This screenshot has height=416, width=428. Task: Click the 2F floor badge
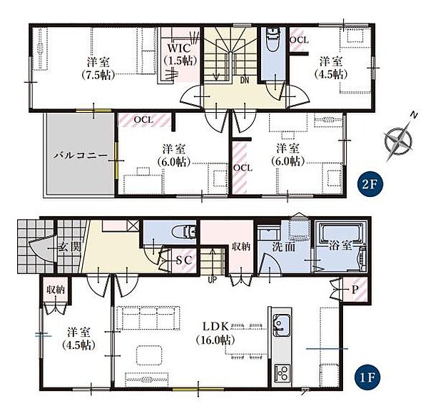coord(371,185)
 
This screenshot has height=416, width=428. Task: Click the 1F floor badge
coord(366,377)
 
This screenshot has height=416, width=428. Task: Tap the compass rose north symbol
coord(399,139)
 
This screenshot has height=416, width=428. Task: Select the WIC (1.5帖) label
coord(180,54)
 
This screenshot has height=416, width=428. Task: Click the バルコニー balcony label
coord(80,156)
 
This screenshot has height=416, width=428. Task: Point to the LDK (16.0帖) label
coord(215,333)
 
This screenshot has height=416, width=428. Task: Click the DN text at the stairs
coord(245,80)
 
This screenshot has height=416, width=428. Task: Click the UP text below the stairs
coord(212,280)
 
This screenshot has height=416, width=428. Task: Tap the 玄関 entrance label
coord(70,248)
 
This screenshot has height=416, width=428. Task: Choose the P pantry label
coord(355,290)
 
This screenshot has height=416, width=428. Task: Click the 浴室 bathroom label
coord(340,245)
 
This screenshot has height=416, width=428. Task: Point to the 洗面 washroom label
coord(284,247)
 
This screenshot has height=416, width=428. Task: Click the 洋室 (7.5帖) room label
coord(98,69)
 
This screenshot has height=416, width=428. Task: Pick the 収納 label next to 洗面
coord(241,247)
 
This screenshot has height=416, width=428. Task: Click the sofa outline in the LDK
coord(148,318)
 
